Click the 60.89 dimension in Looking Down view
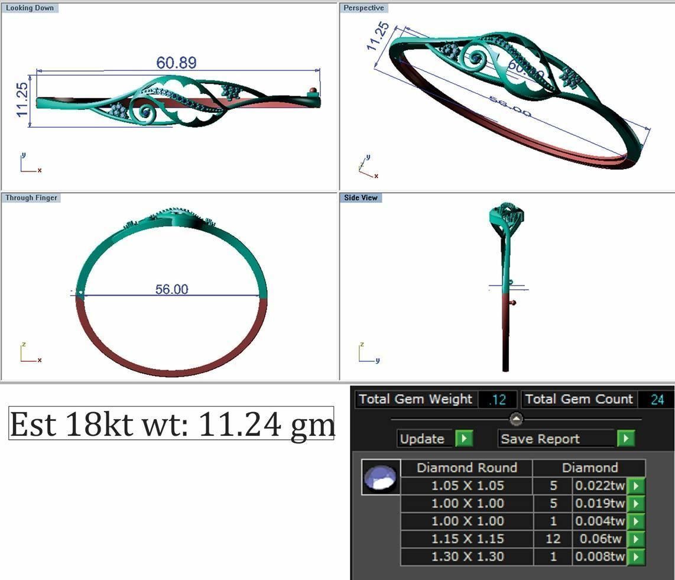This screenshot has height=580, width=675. (x=176, y=63)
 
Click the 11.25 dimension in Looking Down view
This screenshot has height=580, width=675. (x=21, y=99)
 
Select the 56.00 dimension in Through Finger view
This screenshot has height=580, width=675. (x=171, y=289)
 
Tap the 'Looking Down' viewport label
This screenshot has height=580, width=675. (x=30, y=8)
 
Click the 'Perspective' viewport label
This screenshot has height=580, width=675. (x=364, y=8)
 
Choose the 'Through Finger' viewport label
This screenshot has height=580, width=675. (x=31, y=197)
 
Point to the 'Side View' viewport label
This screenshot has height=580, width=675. (x=361, y=197)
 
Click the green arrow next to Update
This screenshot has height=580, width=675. (x=464, y=439)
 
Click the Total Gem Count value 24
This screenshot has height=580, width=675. (x=657, y=400)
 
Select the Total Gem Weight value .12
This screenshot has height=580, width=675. (x=498, y=400)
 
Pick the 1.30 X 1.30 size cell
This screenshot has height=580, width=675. (x=467, y=556)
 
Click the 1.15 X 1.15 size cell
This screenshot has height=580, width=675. (x=467, y=539)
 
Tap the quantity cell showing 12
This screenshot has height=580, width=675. (x=553, y=539)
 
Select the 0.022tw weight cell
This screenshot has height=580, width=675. (x=599, y=485)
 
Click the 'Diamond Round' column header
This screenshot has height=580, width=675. (x=466, y=468)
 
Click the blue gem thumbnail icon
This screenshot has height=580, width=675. (x=381, y=477)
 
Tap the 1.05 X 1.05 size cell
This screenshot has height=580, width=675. (x=467, y=485)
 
